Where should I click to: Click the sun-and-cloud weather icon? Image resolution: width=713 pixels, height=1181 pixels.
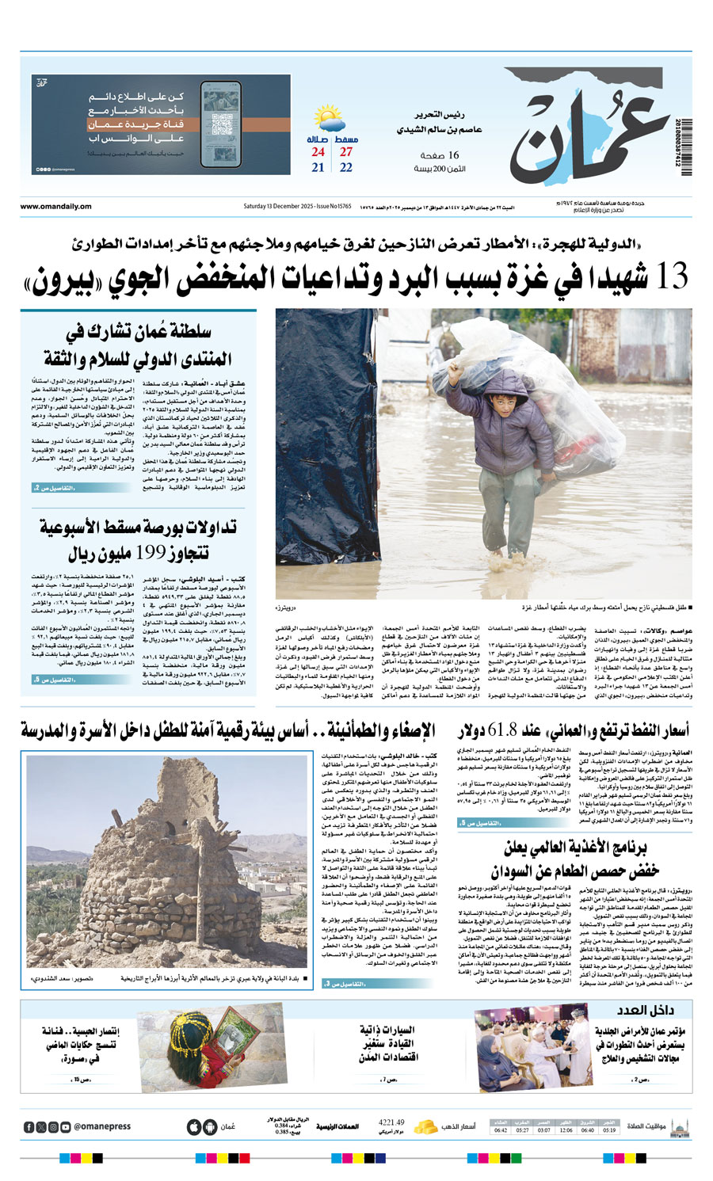(x=330, y=120)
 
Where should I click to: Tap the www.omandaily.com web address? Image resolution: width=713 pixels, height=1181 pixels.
(x=55, y=207)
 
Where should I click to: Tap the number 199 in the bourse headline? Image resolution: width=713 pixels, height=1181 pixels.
(x=151, y=553)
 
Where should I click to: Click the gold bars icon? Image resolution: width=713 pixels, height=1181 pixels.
(x=426, y=1126)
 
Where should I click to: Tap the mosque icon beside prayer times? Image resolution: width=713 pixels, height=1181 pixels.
(x=679, y=1126)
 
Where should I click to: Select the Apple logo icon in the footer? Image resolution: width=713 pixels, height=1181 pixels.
(x=193, y=1126)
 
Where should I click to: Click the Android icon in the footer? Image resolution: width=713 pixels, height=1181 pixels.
(x=209, y=1126)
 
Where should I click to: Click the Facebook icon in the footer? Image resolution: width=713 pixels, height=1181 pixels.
(x=29, y=1126)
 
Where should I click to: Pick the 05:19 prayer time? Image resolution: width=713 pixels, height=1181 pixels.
(x=608, y=1130)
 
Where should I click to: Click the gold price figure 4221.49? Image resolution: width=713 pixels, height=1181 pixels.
(x=391, y=1122)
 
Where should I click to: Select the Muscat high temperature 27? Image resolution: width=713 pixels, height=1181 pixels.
(x=346, y=152)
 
